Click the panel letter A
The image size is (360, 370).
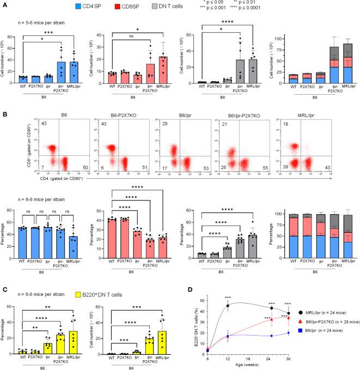click(4, 5)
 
